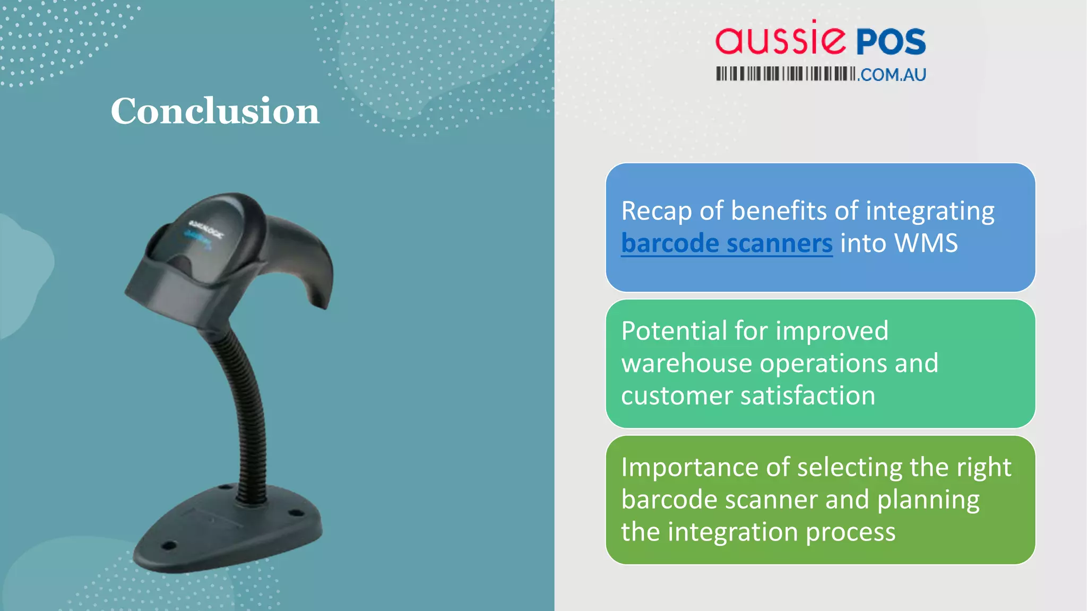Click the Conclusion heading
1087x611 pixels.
tap(215, 111)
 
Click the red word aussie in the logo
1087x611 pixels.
tap(780, 40)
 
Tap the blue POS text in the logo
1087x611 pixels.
tap(891, 42)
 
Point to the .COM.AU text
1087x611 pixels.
tap(893, 75)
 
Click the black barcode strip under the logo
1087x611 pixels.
tap(786, 74)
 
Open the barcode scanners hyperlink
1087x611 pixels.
tap(727, 243)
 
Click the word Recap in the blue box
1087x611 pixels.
tap(656, 211)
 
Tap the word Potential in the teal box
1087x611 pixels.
tap(674, 331)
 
